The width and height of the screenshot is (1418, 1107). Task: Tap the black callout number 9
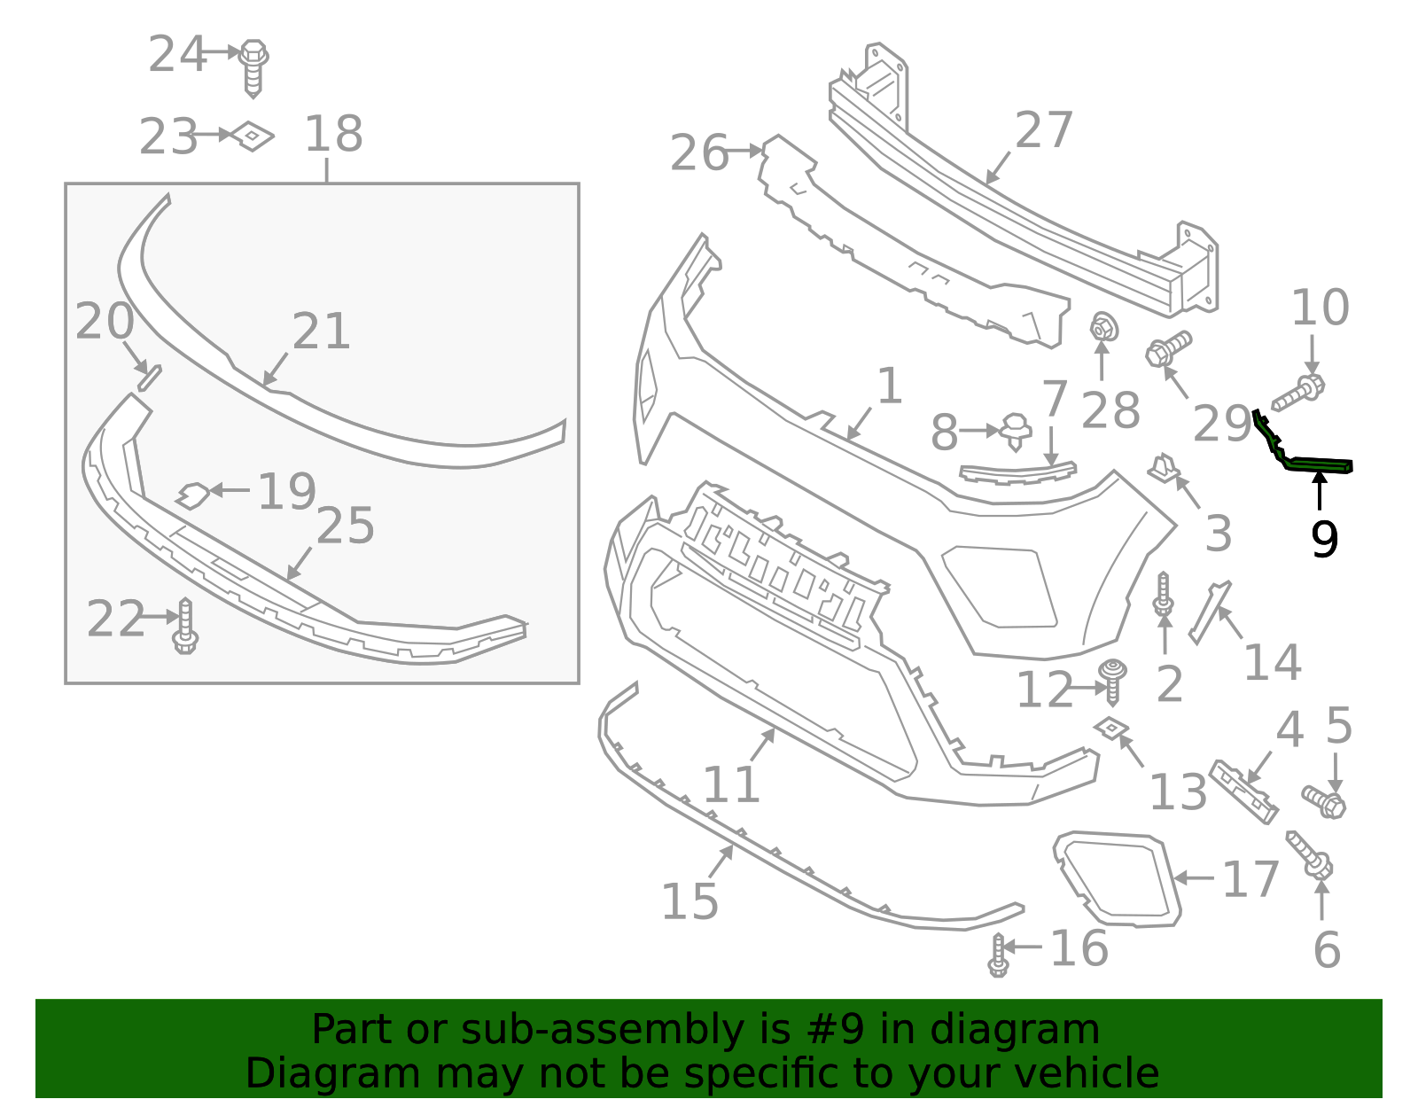pyautogui.click(x=1324, y=538)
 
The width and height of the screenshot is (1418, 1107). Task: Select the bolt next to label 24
pyautogui.click(x=253, y=66)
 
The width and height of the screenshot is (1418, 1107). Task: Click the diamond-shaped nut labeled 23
pyautogui.click(x=253, y=136)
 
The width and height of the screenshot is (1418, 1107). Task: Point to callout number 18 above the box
pyautogui.click(x=333, y=135)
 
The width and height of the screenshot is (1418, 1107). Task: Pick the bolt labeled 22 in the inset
pyautogui.click(x=185, y=627)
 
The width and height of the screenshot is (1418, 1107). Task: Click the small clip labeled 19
pyautogui.click(x=192, y=495)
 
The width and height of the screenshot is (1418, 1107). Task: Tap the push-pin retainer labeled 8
pyautogui.click(x=1016, y=431)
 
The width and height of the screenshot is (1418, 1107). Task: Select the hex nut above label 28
pyautogui.click(x=1103, y=328)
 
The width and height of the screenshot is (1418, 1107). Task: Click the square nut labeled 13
pyautogui.click(x=1110, y=728)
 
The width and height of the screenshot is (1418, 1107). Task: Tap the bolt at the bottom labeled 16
pyautogui.click(x=999, y=955)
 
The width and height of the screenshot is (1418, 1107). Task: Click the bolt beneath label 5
pyautogui.click(x=1324, y=800)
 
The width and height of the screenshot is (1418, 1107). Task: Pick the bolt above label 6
pyautogui.click(x=1310, y=854)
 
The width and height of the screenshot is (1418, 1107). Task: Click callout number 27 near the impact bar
pyautogui.click(x=1044, y=130)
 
